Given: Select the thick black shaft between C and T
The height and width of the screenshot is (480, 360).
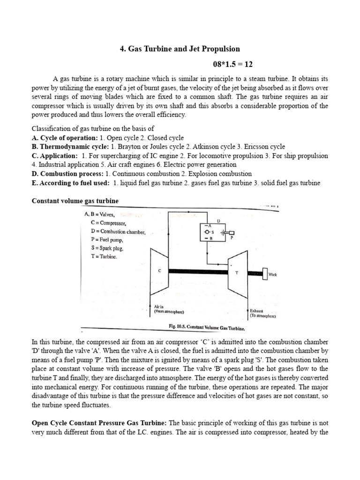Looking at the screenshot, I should point(197,271).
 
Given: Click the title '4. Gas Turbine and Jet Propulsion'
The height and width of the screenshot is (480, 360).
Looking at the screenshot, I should point(180,49).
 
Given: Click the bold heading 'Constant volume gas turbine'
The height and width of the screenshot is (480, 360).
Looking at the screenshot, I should point(75,201).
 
